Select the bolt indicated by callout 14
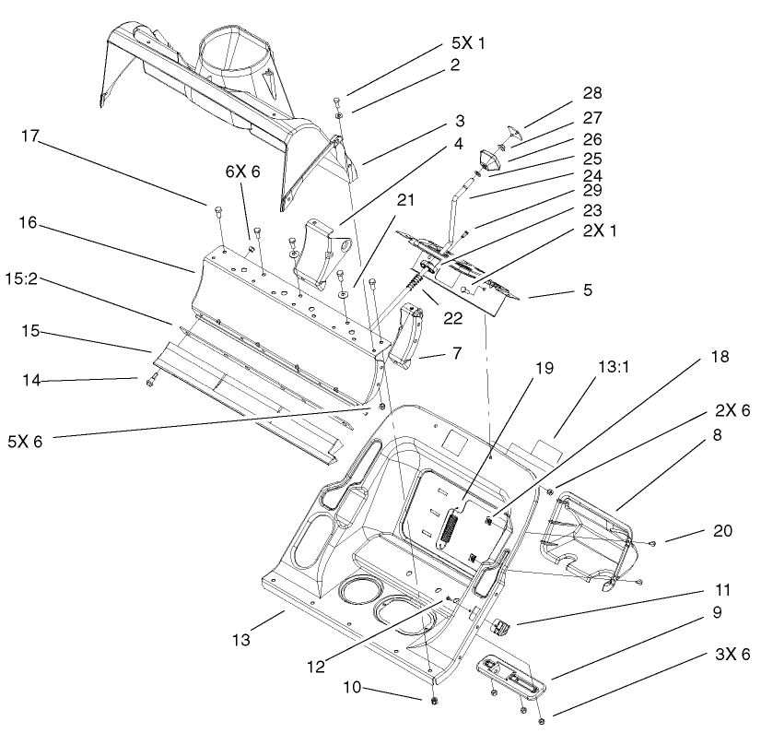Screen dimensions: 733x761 150,379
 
